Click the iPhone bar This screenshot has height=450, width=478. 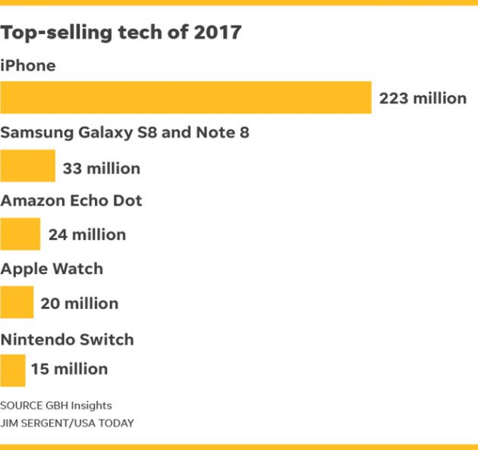click(186, 98)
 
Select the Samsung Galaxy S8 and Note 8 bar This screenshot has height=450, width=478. click(27, 166)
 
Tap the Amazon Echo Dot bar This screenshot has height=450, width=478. click(20, 234)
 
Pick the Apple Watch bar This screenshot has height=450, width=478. click(17, 302)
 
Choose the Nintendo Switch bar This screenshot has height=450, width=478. click(13, 370)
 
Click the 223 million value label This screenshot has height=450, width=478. click(423, 98)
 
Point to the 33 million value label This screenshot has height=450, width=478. click(101, 168)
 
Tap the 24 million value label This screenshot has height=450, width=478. click(86, 235)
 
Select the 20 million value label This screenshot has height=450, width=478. click(79, 304)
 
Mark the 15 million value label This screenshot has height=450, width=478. click(69, 370)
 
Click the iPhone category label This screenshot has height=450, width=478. click(28, 66)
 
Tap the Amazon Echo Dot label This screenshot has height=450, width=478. click(71, 201)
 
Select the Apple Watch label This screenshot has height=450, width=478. click(52, 269)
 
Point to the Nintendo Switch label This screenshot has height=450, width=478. click(67, 339)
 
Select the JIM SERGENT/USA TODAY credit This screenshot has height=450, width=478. click(67, 423)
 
